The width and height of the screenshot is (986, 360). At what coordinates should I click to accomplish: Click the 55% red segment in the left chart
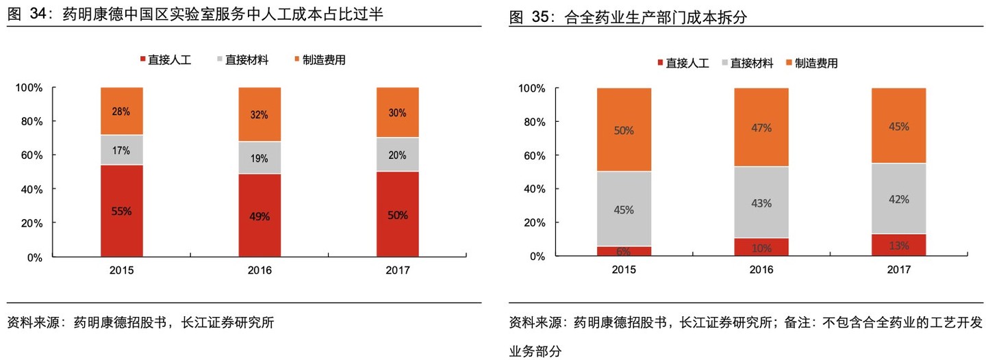pyautogui.click(x=122, y=211)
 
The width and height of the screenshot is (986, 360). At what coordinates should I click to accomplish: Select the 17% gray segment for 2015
pyautogui.click(x=122, y=150)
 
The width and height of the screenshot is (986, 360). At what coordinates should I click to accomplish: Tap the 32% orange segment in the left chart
pyautogui.click(x=260, y=114)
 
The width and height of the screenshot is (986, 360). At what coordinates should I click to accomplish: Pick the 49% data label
pyautogui.click(x=260, y=216)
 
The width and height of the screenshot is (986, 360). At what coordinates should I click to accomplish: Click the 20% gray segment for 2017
pyautogui.click(x=398, y=155)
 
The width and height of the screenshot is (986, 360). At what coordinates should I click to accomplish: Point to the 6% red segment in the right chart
pyautogui.click(x=624, y=251)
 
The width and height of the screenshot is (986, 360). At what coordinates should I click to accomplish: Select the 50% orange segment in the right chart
pyautogui.click(x=624, y=129)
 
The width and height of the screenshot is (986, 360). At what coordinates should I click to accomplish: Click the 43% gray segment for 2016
pyautogui.click(x=761, y=203)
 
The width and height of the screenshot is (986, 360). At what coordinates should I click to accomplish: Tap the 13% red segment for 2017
pyautogui.click(x=898, y=245)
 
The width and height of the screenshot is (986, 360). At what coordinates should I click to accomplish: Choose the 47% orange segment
pyautogui.click(x=761, y=127)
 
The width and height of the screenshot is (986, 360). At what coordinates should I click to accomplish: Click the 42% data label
pyautogui.click(x=898, y=199)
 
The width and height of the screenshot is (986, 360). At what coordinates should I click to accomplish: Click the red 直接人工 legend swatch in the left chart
pyautogui.click(x=142, y=60)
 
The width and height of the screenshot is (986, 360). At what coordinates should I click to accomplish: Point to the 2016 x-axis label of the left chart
pyautogui.click(x=260, y=270)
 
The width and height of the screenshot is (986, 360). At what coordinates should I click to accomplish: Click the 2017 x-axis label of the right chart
pyautogui.click(x=898, y=270)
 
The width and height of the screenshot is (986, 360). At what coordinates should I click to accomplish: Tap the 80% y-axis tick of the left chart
pyautogui.click(x=29, y=122)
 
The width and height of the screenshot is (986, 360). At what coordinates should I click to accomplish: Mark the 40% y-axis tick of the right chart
pyautogui.click(x=532, y=189)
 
